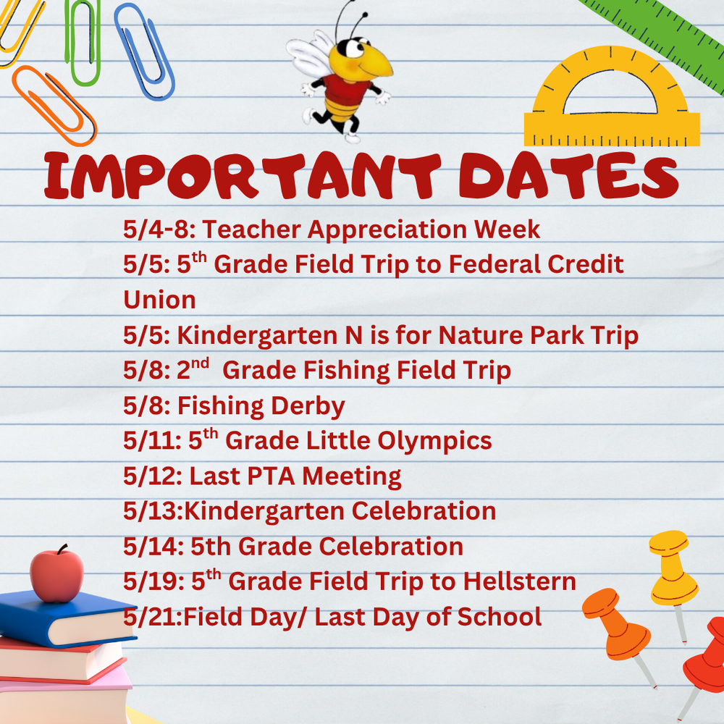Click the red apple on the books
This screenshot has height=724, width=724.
pos(56,575)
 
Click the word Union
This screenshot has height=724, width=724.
pos(159,299)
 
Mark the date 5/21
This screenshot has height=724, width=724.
pos(150,617)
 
